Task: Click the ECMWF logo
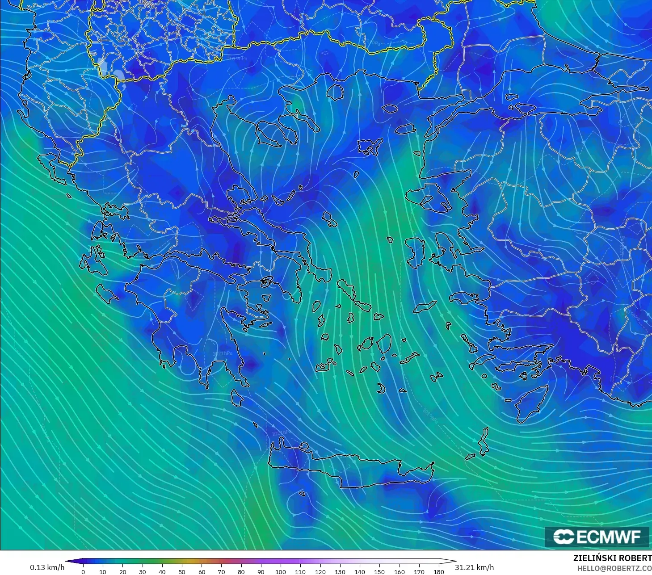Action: [597, 537]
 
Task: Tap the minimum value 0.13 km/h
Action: [47, 567]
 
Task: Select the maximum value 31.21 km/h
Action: [474, 567]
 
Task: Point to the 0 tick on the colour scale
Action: [83, 571]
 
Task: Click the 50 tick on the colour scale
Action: [182, 571]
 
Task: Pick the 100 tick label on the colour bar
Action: [281, 571]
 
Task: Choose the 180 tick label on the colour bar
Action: [439, 571]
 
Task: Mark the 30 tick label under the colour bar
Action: [142, 571]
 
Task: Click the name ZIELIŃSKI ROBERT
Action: [612, 558]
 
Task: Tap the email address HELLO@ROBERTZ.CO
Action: [614, 568]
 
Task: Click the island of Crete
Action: [353, 469]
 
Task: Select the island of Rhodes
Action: [532, 404]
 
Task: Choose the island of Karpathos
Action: [484, 441]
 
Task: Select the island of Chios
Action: [416, 252]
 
